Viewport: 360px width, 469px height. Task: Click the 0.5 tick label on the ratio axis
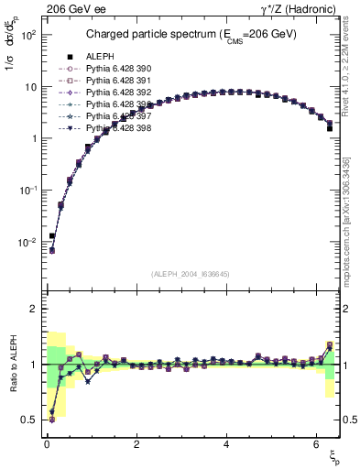(x=29, y=420)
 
